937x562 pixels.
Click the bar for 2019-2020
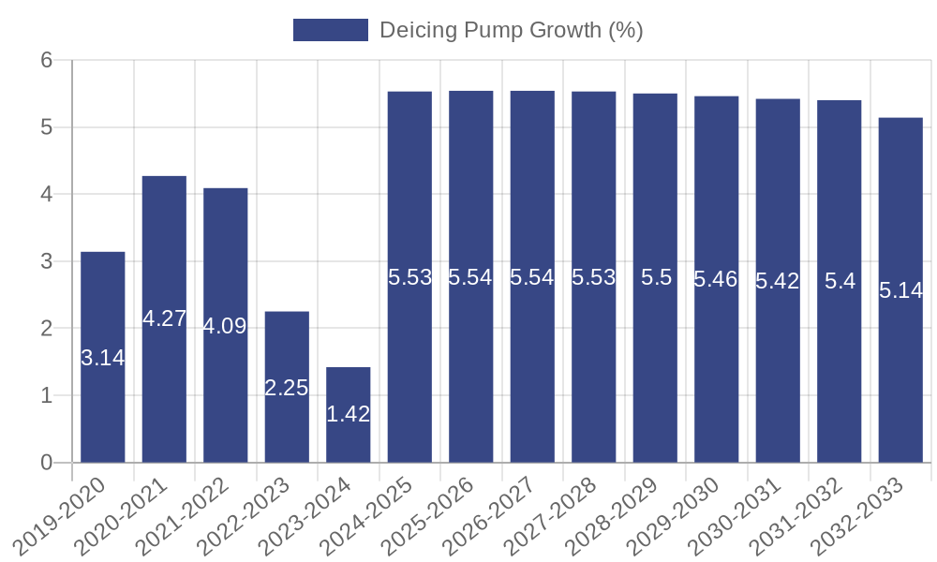click(103, 357)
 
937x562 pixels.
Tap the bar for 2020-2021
click(164, 319)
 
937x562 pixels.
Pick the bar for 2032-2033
click(900, 290)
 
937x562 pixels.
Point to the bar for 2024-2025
click(409, 277)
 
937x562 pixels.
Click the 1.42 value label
click(349, 414)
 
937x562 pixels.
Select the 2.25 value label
click(287, 388)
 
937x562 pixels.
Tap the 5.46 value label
click(716, 279)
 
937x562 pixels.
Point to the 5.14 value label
click(900, 290)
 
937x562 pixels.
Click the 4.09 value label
click(225, 326)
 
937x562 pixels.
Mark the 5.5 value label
click(655, 277)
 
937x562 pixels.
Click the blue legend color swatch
click(330, 30)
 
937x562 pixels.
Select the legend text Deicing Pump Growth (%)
click(511, 30)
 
